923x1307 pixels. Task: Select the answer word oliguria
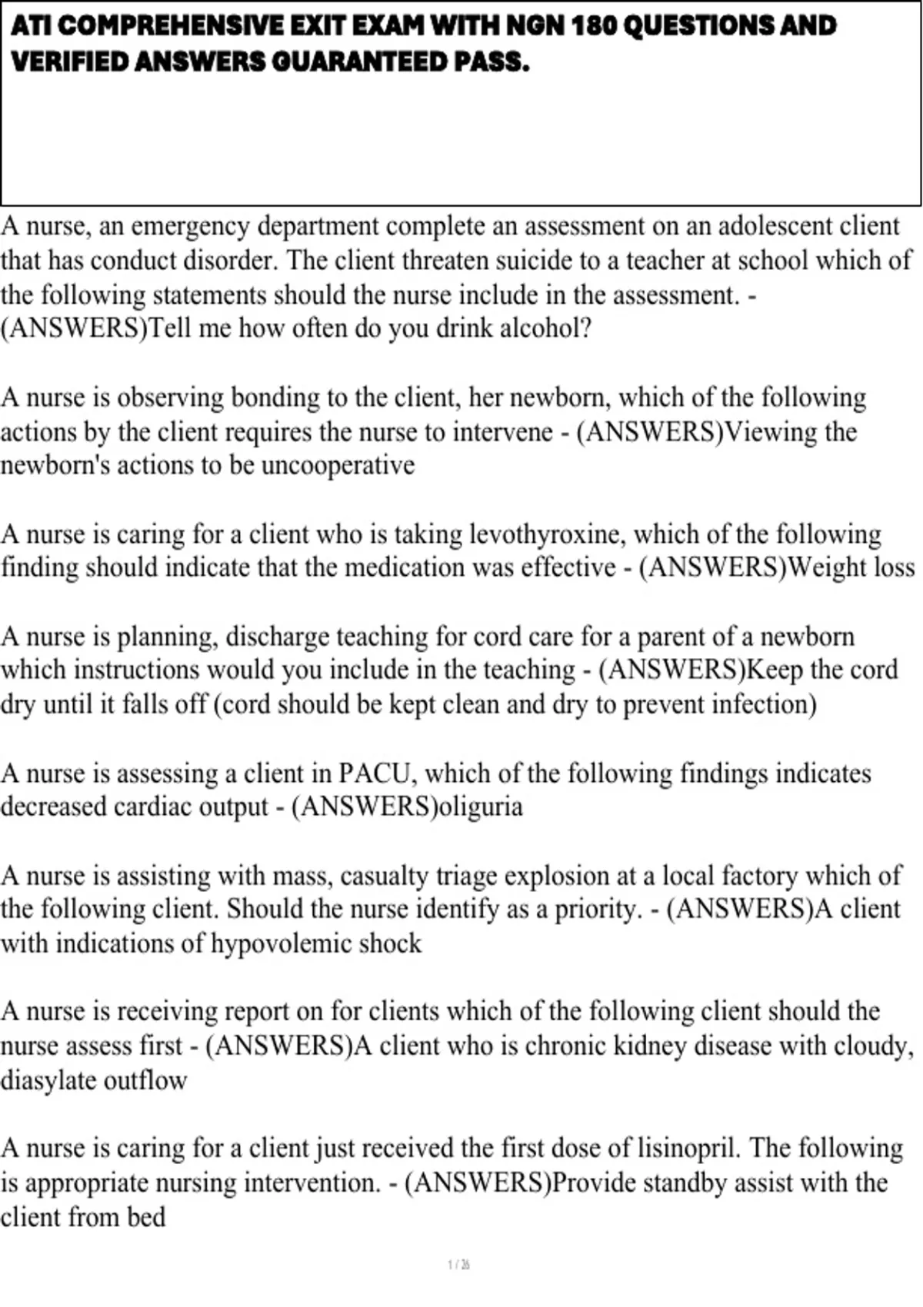(x=480, y=806)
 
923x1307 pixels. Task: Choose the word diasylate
(x=48, y=1080)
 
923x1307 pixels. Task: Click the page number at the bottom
(x=458, y=1265)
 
